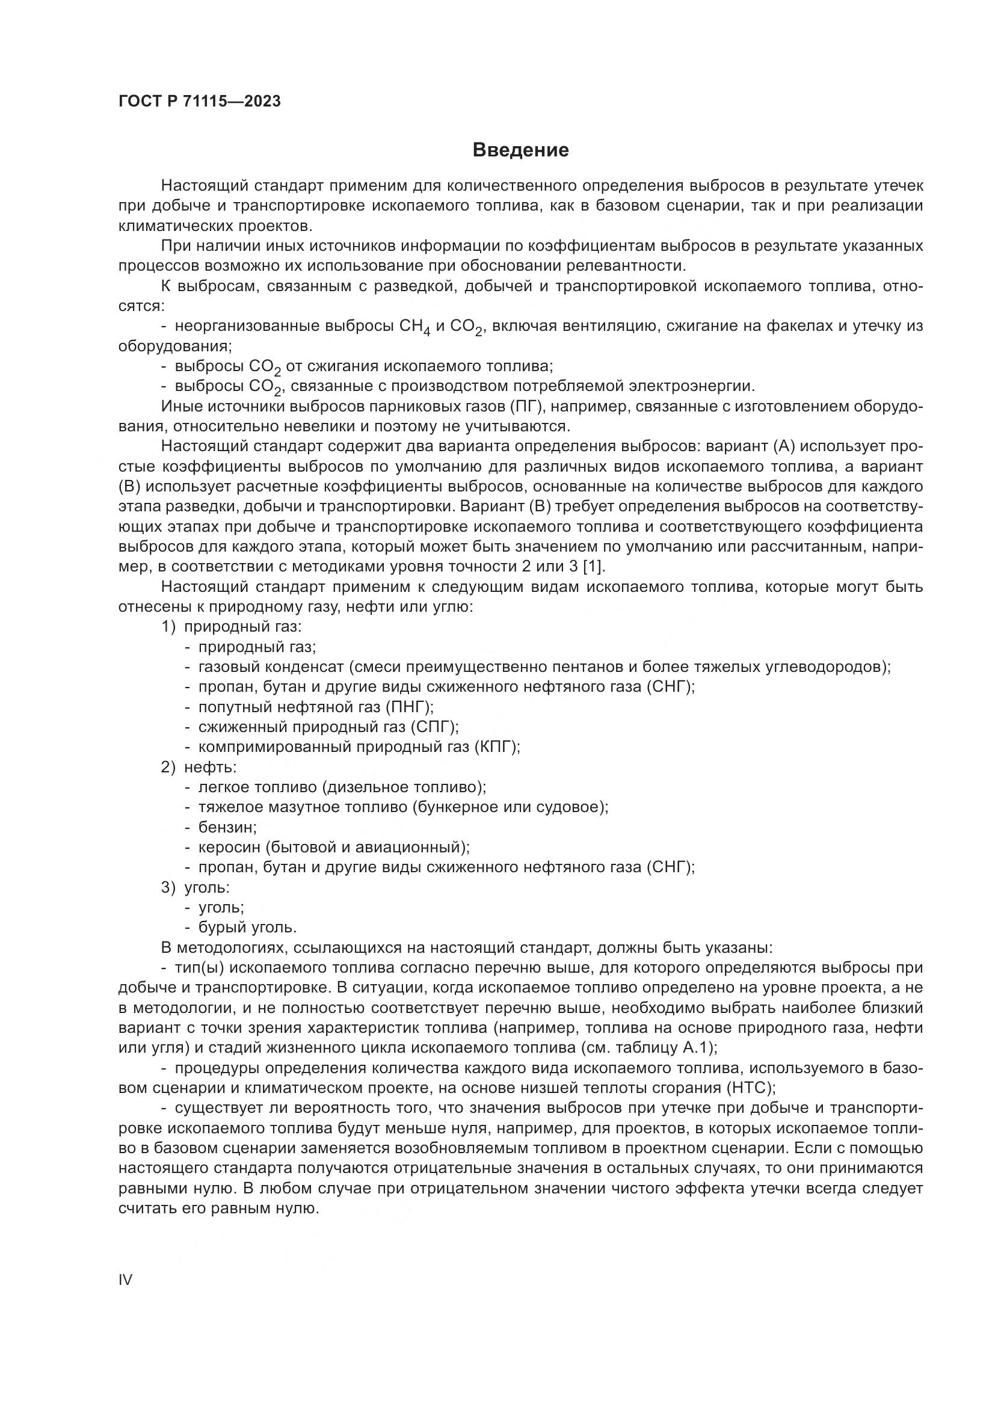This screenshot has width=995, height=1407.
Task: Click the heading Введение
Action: pos(520,150)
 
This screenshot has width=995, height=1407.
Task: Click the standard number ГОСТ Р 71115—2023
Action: pos(200,102)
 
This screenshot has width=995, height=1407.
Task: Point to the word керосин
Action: pos(229,848)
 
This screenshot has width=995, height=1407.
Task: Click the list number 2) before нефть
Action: pos(168,767)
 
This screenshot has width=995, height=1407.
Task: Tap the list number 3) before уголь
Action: pos(168,887)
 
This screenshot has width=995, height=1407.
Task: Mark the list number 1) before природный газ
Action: pos(168,627)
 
